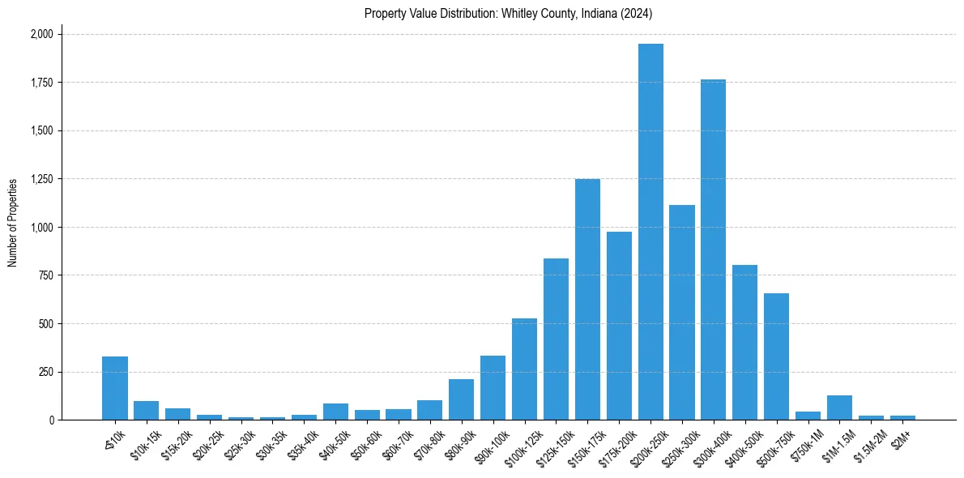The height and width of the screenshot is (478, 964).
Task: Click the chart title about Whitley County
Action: click(508, 14)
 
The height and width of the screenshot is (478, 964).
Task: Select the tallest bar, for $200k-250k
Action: click(650, 232)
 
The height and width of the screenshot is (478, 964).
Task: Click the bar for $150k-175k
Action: click(587, 300)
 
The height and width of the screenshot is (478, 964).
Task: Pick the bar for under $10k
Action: click(115, 388)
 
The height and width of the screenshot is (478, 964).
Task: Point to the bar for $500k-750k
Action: click(776, 356)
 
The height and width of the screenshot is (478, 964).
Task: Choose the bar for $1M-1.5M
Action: click(839, 408)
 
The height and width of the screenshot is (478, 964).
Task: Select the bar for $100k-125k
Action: click(524, 369)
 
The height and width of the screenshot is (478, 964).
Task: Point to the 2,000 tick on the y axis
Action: click(41, 34)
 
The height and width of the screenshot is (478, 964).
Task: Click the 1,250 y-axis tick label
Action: click(41, 179)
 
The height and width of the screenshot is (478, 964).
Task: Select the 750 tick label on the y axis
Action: click(47, 275)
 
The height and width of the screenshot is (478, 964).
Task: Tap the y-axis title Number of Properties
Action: click(13, 223)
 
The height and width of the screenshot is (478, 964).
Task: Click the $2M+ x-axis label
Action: click(901, 437)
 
